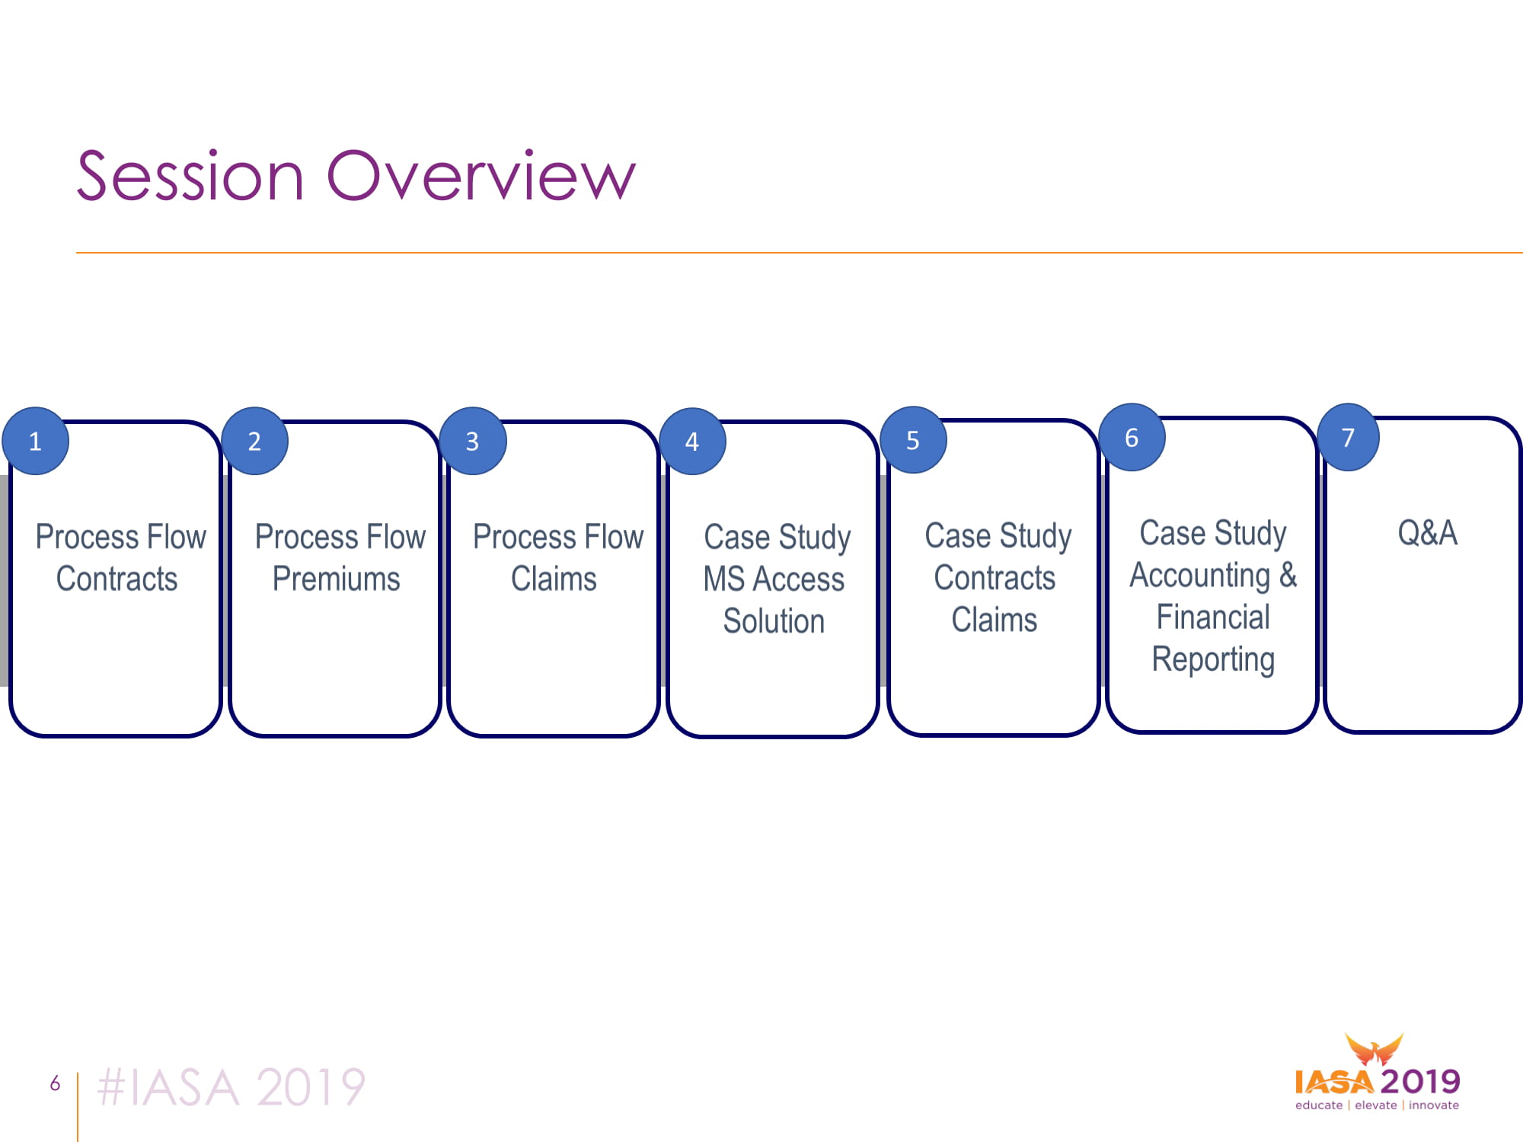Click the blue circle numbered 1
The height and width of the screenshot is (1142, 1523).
36,441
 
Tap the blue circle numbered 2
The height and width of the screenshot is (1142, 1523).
255,441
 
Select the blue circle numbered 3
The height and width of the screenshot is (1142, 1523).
473,441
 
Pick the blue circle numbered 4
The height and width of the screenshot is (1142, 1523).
692,441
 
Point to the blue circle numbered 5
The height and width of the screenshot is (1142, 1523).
913,440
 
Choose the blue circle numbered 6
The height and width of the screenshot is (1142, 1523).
1132,437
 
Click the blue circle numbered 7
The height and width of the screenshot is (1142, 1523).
1348,437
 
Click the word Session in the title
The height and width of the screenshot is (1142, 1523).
190,176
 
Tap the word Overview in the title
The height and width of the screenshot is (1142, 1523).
481,176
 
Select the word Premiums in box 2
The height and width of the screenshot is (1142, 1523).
337,579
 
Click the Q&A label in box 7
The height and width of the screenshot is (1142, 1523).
1428,533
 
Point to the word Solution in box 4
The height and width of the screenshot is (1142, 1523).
774,621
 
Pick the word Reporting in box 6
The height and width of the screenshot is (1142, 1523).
1213,660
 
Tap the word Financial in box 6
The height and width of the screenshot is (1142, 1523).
1213,617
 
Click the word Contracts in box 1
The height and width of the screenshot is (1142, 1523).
117,579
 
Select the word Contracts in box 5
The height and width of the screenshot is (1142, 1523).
995,578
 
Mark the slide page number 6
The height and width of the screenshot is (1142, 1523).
55,1083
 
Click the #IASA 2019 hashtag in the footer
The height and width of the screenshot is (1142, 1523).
231,1087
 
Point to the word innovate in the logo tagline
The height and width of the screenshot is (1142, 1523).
1434,1105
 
